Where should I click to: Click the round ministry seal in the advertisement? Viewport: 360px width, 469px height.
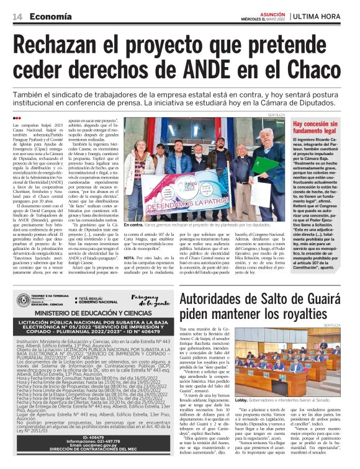(x=22, y=300)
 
